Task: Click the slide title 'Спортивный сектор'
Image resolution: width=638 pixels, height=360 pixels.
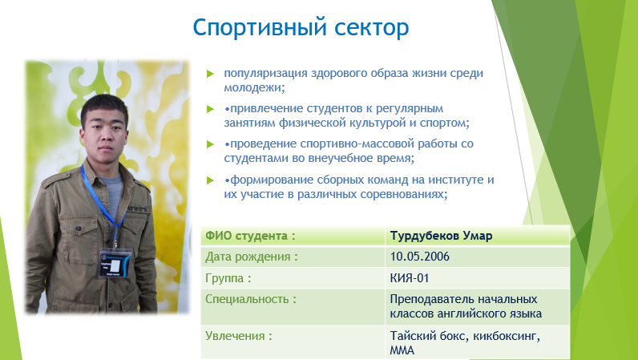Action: click(301, 28)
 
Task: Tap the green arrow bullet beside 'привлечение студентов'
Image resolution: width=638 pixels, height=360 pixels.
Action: click(210, 109)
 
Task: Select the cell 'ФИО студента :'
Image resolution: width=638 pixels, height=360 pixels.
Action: click(250, 236)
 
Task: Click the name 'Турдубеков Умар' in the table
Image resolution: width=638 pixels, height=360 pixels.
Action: click(441, 236)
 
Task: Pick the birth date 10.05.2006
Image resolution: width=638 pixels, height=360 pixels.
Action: click(419, 257)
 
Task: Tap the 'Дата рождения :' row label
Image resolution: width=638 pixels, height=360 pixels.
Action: click(252, 257)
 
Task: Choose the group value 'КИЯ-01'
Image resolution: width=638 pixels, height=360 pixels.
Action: click(410, 278)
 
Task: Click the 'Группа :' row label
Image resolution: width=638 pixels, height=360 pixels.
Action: click(228, 278)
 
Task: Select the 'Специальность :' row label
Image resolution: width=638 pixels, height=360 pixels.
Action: click(251, 299)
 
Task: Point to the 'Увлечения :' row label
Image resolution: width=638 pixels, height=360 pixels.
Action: click(238, 336)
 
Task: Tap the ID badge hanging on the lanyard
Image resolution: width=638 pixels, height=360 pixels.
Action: click(115, 263)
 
